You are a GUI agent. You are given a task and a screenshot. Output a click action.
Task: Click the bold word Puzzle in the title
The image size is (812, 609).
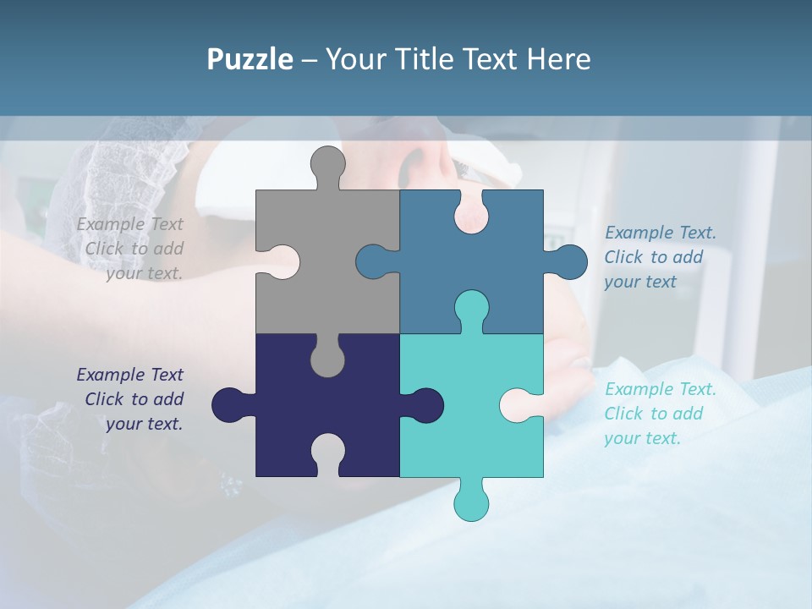pos(250,59)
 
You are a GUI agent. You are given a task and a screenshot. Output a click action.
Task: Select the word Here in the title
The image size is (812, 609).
pos(558,59)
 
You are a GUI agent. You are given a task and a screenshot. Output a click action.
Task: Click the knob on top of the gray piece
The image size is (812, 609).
pos(327,165)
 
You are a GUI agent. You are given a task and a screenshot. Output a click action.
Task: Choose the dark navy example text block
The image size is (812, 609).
pos(131,399)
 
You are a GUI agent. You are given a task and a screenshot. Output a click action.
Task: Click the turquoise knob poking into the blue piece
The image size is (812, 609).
pos(471,308)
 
